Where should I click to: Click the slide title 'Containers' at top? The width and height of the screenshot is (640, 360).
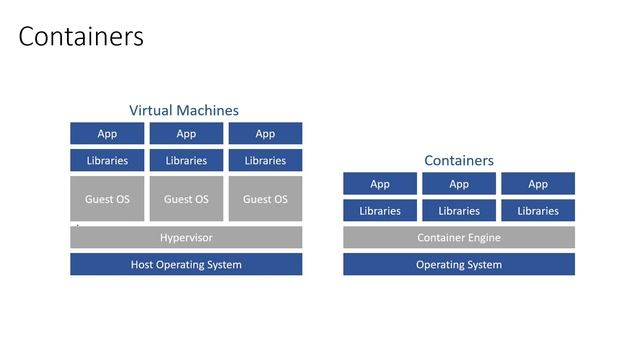pos(81,37)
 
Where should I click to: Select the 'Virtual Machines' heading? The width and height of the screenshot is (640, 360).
pos(184,110)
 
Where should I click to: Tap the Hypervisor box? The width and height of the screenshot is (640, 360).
pos(186,238)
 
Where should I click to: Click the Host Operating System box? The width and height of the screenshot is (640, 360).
pos(186,265)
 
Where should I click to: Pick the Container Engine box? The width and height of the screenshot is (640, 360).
pos(459,238)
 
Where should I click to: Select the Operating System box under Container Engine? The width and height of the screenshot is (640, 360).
pos(459,265)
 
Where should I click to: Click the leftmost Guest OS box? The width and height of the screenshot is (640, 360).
pos(107,199)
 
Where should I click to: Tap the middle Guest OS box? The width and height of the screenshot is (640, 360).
pos(186,199)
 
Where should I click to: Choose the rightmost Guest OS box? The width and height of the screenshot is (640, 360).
pos(265,199)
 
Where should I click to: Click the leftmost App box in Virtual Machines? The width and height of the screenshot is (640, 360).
pos(107,134)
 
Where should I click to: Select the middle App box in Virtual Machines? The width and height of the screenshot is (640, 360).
pos(186,134)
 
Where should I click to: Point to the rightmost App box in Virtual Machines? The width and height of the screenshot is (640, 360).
pos(265,134)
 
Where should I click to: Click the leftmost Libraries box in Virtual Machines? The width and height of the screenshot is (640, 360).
pos(107,160)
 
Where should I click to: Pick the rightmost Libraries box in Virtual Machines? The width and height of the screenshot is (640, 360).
pos(265,160)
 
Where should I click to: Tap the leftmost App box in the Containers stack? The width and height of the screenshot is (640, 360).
pos(380,184)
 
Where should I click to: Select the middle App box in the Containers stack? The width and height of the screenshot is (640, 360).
pos(459,184)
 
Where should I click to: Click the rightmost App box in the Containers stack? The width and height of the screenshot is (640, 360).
pos(538,184)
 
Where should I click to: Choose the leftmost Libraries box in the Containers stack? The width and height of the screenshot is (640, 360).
pos(380,211)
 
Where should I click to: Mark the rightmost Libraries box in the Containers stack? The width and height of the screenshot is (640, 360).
pos(538,211)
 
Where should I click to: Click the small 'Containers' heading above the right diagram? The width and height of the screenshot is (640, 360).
pos(459,160)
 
